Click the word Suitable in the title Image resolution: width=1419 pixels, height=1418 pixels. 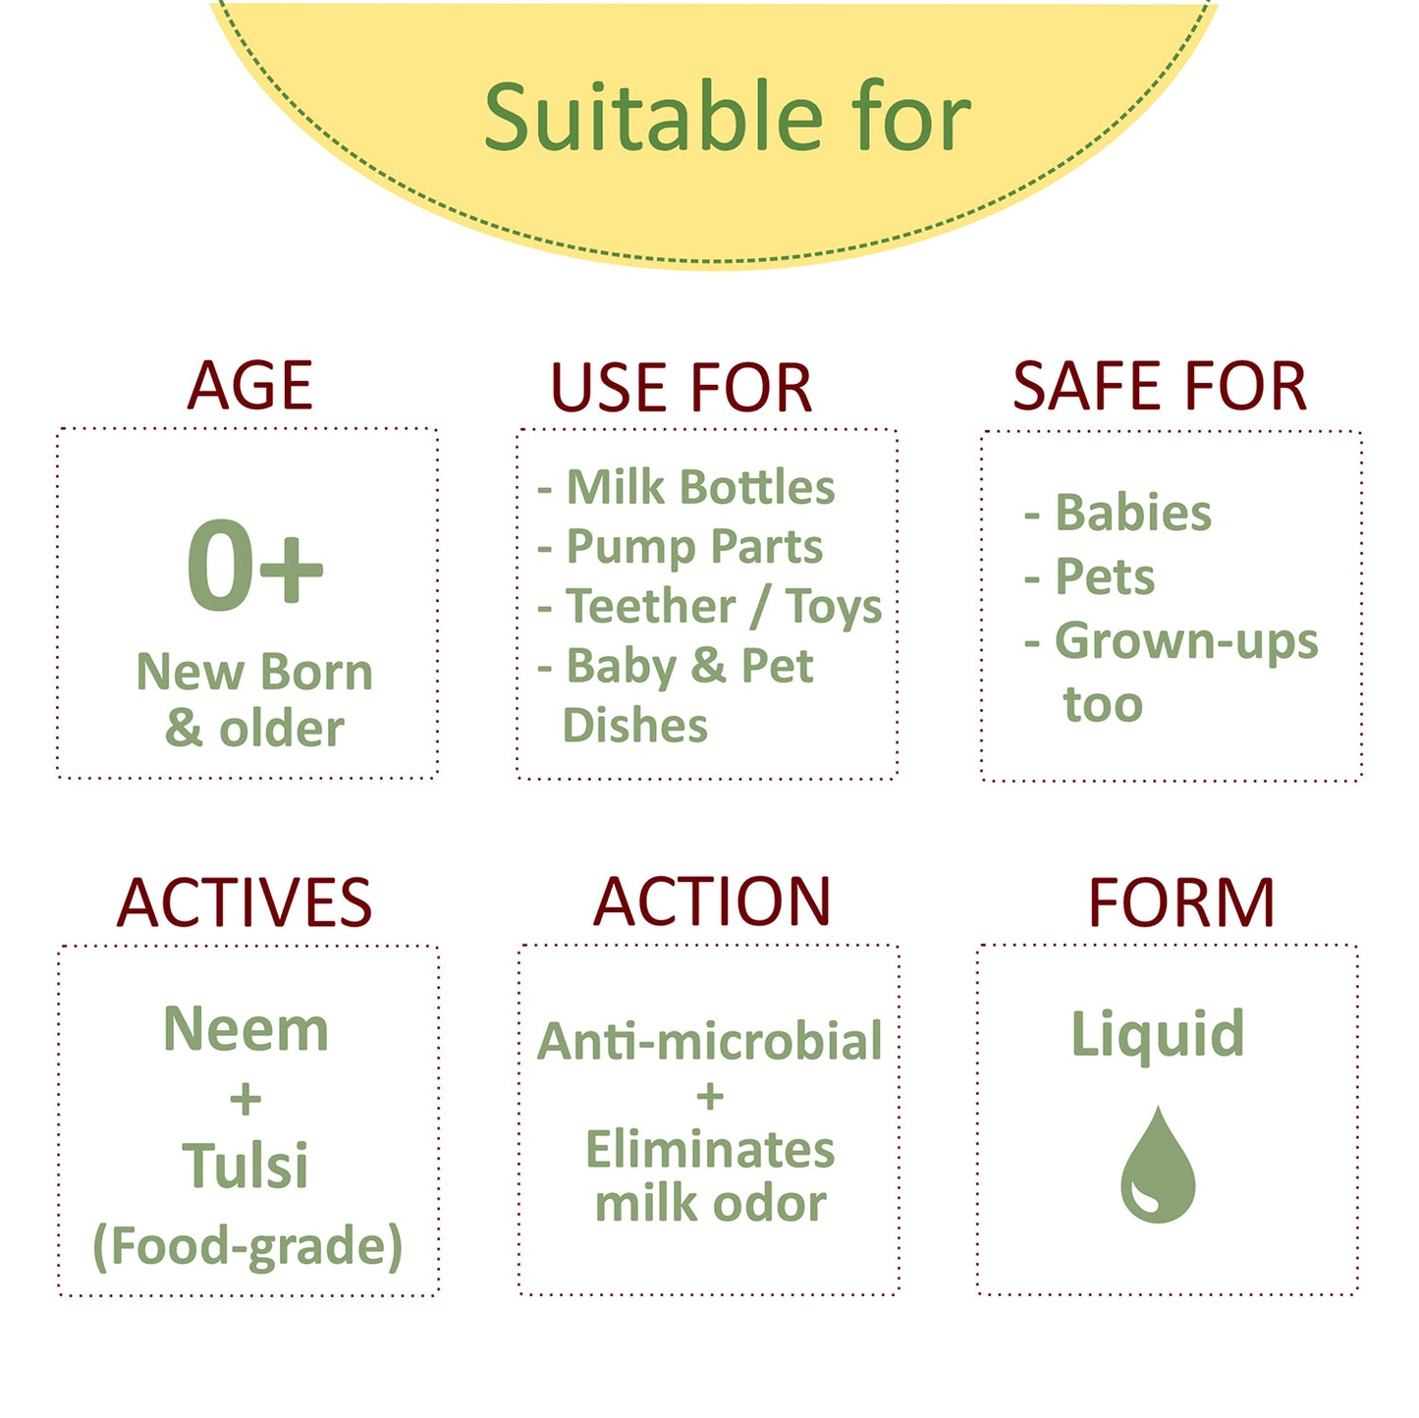coord(653,117)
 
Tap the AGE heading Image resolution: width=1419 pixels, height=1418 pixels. coord(250,385)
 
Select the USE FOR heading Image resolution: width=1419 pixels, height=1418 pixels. coord(682,387)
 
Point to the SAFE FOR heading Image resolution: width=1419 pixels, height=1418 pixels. coord(1159,385)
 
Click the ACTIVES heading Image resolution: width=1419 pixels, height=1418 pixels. coord(245,902)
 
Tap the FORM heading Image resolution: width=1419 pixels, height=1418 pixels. coord(1181,902)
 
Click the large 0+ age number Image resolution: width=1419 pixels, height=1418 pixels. coord(254,565)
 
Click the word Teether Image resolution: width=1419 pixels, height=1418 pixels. coord(651,606)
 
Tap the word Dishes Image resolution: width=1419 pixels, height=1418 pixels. coord(634,726)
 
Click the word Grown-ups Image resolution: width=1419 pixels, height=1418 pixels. coord(1186,641)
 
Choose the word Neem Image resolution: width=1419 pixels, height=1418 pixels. coord(246,1029)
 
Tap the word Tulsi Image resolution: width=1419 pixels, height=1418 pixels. coord(246,1165)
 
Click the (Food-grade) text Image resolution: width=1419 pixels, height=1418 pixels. coord(248,1246)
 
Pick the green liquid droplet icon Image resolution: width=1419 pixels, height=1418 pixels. coord(1158,1163)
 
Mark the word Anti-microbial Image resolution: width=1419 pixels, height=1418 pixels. coord(710,1041)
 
